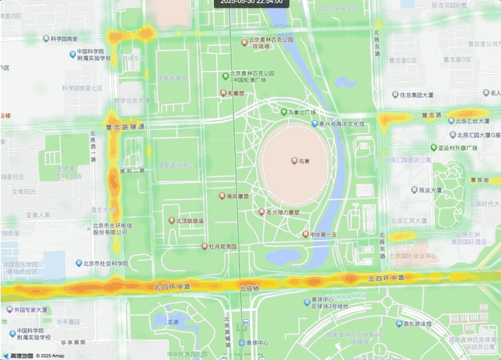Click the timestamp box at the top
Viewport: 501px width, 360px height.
point(250,3)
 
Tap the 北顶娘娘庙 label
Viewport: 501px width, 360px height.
point(190,221)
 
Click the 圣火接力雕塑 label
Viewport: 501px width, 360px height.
point(282,212)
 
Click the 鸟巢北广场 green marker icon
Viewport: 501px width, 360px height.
point(283,112)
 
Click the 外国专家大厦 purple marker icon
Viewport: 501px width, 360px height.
point(9,310)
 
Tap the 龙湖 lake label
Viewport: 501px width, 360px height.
point(173,322)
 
